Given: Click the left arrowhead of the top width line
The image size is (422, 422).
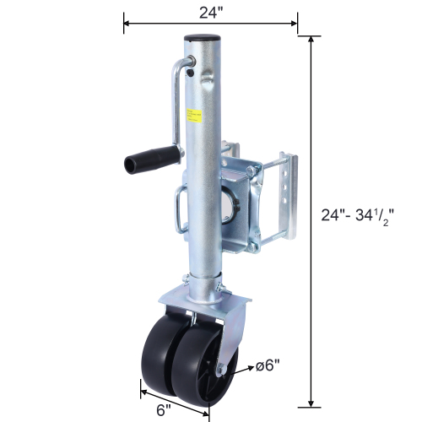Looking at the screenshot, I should point(127,23).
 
